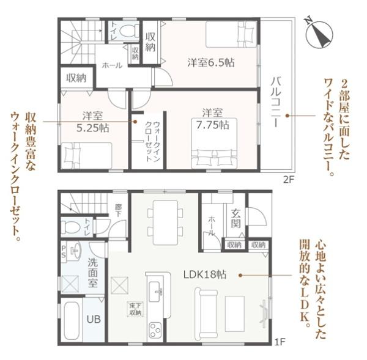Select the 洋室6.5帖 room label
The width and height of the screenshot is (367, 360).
(211, 62)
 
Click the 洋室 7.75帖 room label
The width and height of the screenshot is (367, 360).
(212, 119)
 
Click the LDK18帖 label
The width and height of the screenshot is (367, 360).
(207, 275)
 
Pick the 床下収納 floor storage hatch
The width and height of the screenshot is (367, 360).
(135, 309)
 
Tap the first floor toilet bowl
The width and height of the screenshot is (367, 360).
(70, 227)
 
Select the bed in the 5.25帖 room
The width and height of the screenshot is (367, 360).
(86, 154)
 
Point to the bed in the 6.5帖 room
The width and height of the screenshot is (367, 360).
(231, 33)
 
